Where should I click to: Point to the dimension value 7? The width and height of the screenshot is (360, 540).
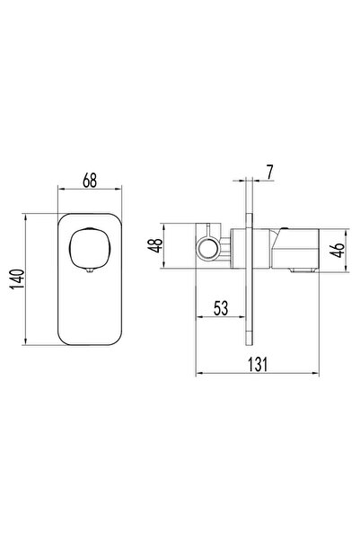tap(269, 170)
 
